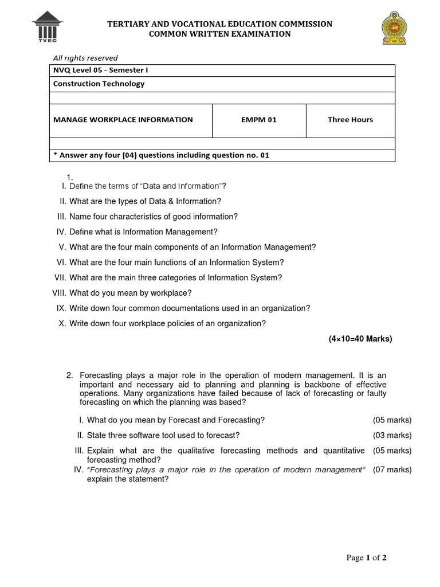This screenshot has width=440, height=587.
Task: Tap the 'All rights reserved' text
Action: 85,58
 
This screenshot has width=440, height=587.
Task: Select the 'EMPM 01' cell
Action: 259,120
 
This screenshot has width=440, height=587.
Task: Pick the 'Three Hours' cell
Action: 350,120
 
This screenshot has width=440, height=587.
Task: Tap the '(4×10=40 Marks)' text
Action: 360,339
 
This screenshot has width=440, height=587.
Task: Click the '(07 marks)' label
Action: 392,470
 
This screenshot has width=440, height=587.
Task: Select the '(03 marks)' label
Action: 392,436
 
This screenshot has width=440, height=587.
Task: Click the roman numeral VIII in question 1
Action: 59,293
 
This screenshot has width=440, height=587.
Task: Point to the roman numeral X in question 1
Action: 62,323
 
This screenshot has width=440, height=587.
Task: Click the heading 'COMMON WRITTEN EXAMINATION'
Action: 220,34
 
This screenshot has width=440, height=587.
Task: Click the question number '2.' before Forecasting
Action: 69,375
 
